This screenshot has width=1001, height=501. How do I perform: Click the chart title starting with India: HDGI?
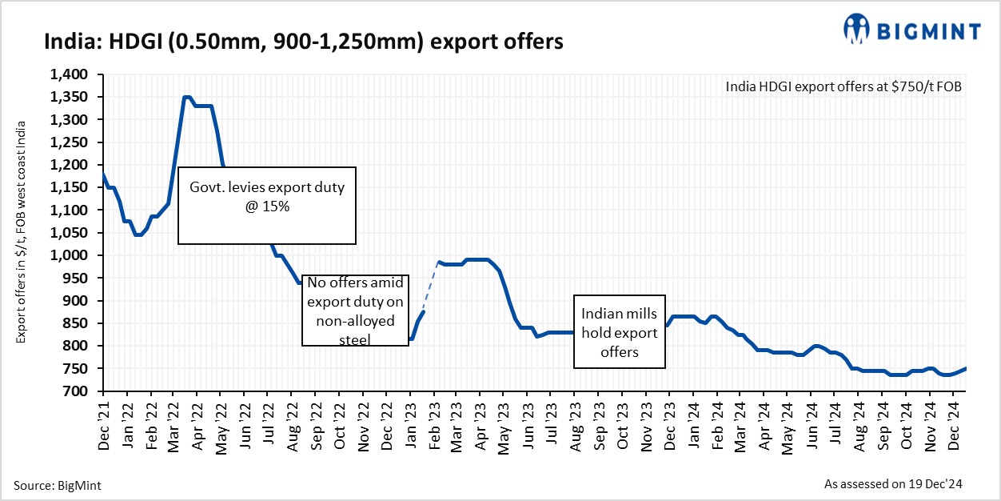pos(304,42)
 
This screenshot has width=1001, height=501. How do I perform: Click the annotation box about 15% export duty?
pos(266,205)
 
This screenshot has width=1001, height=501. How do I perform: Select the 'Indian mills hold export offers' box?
pos(620,332)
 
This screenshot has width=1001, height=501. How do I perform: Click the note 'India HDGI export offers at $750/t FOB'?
pos(843,86)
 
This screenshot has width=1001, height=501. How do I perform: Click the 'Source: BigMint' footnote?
pos(58,485)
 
